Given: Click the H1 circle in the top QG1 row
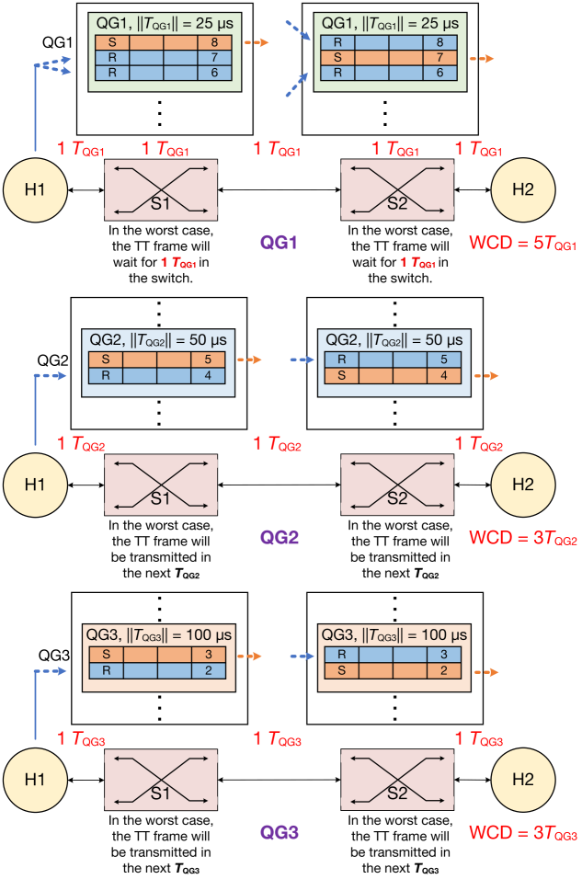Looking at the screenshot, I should (x=35, y=189).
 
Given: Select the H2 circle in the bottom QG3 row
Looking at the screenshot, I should (x=522, y=779).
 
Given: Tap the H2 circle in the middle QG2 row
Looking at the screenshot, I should (x=522, y=484).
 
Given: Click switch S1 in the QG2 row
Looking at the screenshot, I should (x=162, y=485).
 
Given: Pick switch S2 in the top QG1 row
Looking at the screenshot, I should (x=397, y=189).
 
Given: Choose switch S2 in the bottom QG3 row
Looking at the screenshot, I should (x=397, y=780).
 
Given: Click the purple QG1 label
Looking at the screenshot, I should (x=280, y=243).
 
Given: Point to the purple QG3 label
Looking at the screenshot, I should (x=280, y=833).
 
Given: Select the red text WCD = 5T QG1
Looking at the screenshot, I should (x=522, y=244).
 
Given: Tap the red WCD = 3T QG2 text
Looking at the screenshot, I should (x=522, y=538).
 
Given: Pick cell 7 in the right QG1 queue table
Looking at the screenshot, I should (x=439, y=58).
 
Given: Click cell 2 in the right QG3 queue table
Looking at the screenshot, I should (x=443, y=670).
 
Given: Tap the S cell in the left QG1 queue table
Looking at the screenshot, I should (x=112, y=42).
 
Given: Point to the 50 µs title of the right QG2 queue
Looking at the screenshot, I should (x=394, y=340).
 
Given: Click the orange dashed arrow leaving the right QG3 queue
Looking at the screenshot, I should (x=486, y=672).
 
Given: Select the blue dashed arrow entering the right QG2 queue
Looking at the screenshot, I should (x=302, y=360).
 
